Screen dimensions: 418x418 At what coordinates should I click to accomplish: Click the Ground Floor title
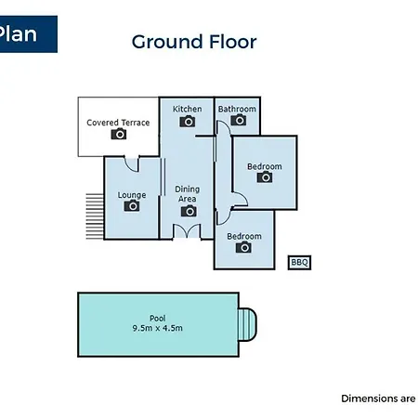[x=194, y=42]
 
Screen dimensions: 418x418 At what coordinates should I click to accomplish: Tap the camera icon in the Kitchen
[x=188, y=122]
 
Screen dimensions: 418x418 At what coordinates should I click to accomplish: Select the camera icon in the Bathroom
[x=239, y=120]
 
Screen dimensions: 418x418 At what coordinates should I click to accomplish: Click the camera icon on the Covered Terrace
[x=119, y=134]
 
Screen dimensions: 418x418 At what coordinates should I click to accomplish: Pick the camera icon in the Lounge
[x=132, y=205]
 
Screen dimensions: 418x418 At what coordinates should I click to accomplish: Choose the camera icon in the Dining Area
[x=189, y=211]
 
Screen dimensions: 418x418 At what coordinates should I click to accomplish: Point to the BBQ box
[x=299, y=263]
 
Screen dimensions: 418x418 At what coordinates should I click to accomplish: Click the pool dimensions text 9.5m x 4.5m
[x=158, y=328]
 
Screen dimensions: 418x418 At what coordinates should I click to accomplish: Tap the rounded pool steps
[x=247, y=324]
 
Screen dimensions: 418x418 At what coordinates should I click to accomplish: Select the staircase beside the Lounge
[x=95, y=216]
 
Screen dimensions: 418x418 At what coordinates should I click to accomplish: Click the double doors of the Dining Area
[x=187, y=231]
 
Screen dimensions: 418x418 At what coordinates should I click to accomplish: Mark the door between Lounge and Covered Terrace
[x=132, y=164]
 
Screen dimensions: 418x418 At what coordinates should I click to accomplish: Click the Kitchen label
[x=188, y=109]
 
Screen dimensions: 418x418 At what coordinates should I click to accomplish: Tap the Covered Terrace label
[x=118, y=123]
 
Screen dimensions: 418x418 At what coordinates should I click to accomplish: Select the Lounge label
[x=132, y=195]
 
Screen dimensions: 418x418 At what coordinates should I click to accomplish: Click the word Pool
[x=158, y=318]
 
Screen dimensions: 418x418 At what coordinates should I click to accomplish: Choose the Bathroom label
[x=237, y=109]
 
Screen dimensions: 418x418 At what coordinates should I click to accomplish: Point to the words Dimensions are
[x=378, y=398]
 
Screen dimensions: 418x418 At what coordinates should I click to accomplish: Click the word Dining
[x=188, y=189]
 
